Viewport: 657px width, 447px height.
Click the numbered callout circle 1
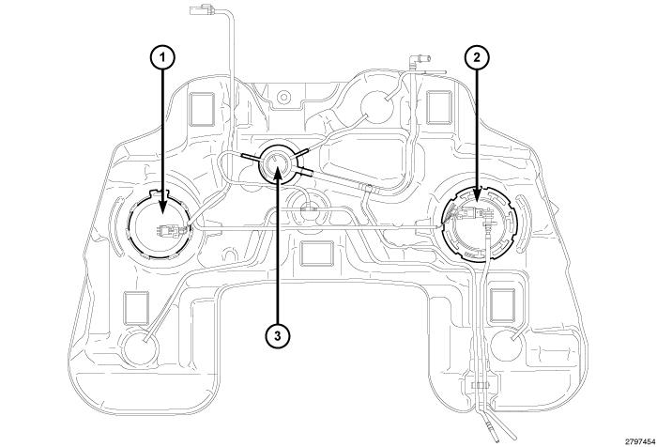(x=162, y=59)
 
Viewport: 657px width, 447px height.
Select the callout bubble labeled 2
(x=477, y=59)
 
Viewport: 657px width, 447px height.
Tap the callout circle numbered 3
(x=277, y=334)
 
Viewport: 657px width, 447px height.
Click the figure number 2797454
(x=640, y=441)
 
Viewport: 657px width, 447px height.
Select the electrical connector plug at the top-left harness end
(x=201, y=9)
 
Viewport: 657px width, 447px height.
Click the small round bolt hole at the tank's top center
(x=283, y=98)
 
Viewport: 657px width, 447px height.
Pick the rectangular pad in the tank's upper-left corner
(x=202, y=109)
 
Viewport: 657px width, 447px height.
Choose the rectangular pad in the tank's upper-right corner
(x=439, y=108)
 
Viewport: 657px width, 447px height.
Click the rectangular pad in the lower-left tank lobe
(x=136, y=308)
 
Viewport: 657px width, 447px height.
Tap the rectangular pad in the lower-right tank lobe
(x=502, y=305)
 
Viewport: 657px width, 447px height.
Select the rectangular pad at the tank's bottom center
(x=317, y=254)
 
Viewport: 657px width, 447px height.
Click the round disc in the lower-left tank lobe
(x=140, y=347)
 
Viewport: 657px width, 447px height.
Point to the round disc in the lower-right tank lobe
(x=506, y=345)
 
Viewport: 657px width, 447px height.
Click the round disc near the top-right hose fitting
(x=377, y=106)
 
